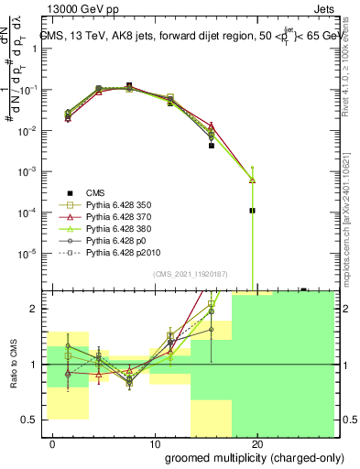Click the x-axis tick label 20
[256, 444]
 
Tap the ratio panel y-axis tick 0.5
[33, 420]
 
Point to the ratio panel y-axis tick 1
[37, 365]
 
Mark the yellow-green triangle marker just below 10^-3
[252, 180]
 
